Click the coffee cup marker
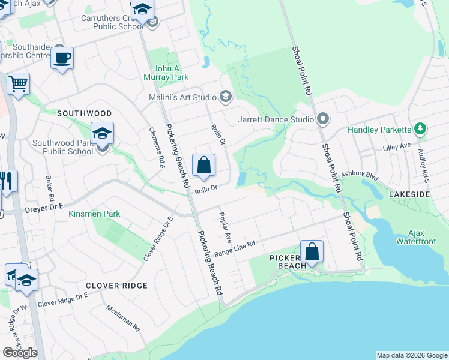coord(62,58)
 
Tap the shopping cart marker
coord(19,83)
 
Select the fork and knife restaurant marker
coord(7,181)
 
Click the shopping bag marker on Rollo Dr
coord(203,164)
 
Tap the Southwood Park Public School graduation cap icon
coord(102,133)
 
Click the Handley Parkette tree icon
coord(420,130)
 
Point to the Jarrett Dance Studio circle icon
coord(323,119)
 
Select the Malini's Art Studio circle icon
coord(226,97)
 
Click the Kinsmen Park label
coord(94,214)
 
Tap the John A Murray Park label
coord(166,73)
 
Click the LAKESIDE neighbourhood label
coord(409,195)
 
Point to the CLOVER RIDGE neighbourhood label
coord(116,286)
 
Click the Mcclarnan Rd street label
coord(123,319)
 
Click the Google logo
coord(20,353)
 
